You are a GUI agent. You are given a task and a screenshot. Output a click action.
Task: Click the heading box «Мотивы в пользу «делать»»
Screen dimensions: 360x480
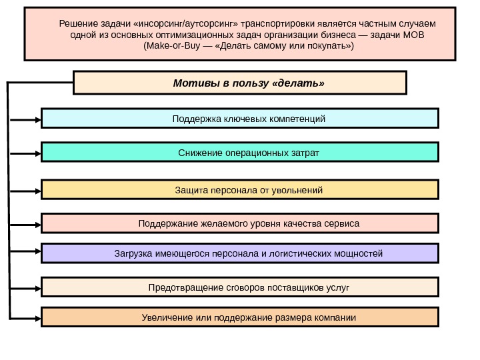point(239,83)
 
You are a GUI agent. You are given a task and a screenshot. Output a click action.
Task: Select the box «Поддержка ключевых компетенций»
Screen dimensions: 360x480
point(240,119)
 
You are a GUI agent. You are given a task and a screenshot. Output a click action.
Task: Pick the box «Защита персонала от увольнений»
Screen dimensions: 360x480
point(240,190)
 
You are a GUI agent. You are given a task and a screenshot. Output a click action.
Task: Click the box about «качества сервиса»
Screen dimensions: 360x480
point(240,223)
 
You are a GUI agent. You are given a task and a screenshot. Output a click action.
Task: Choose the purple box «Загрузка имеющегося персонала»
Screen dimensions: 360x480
point(240,254)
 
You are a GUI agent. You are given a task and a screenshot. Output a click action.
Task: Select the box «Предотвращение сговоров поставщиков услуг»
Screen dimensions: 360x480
point(240,287)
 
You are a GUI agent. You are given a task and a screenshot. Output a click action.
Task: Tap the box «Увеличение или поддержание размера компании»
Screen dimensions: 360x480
point(240,317)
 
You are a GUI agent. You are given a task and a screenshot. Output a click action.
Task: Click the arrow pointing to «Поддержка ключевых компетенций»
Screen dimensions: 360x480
point(27,119)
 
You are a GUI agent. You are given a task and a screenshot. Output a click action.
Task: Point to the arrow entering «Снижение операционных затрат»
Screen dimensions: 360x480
point(27,153)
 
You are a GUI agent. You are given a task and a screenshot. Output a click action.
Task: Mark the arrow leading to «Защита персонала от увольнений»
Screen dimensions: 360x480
point(27,190)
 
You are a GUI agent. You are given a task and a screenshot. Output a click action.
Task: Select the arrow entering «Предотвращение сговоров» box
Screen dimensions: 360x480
point(27,287)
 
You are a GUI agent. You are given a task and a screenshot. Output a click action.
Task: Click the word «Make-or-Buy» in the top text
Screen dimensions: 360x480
point(171,48)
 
